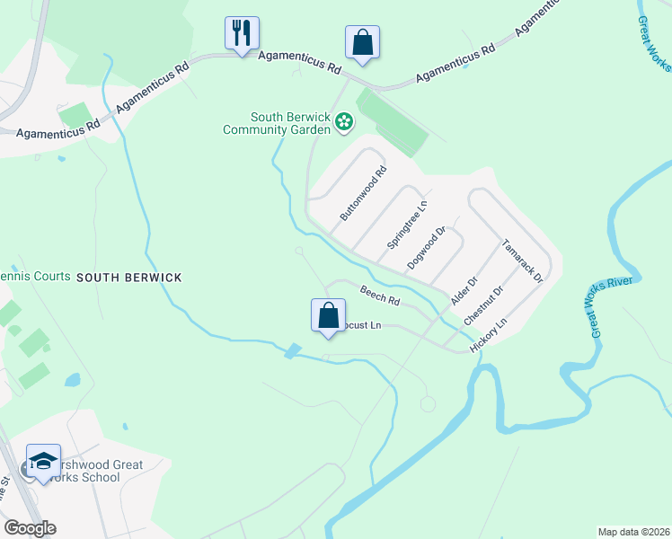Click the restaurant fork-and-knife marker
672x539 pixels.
(242, 34)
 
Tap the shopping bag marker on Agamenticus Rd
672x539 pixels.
(362, 42)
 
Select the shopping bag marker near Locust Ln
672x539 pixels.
(328, 316)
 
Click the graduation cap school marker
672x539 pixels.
(43, 462)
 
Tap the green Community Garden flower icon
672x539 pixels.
(343, 121)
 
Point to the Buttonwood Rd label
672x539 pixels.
(363, 193)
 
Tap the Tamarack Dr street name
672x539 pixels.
(522, 261)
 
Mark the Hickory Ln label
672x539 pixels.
(489, 334)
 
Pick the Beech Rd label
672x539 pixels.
(379, 294)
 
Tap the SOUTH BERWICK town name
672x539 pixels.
(128, 278)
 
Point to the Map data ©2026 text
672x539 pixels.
(632, 532)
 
